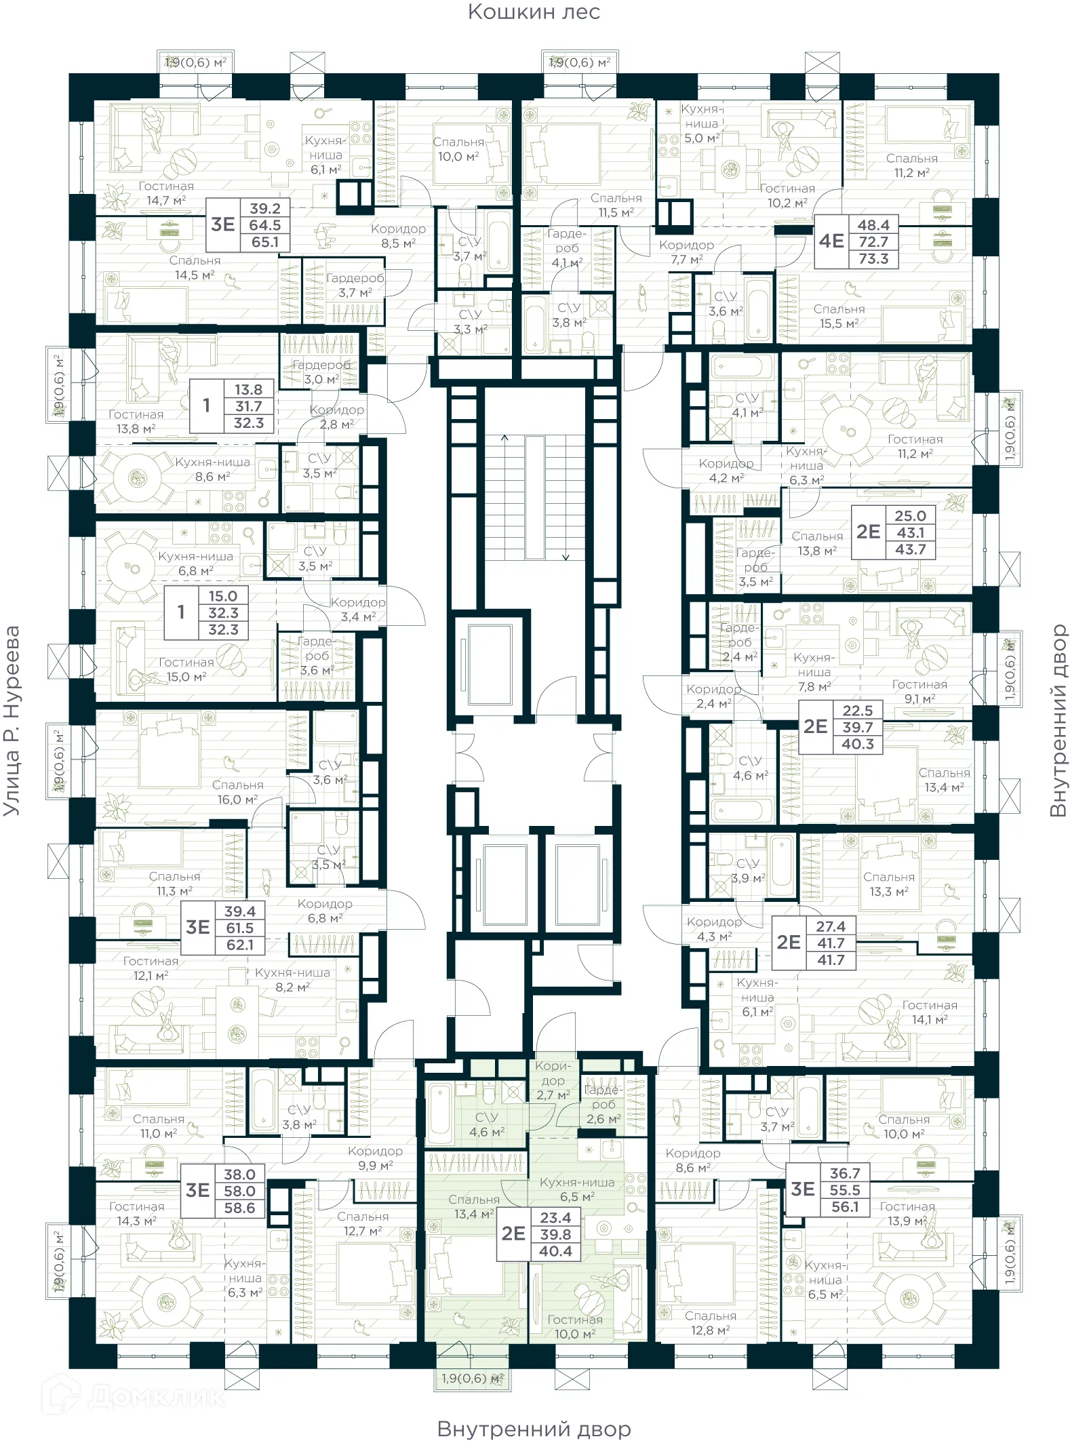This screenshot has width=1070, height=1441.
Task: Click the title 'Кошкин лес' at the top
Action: [x=534, y=12]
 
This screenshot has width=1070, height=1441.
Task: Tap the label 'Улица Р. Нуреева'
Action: [x=12, y=720]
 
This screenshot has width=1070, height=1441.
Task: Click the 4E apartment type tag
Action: [x=831, y=241]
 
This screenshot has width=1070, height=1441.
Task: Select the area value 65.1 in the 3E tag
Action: [x=264, y=242]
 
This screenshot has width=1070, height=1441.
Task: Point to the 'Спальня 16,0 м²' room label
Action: [x=237, y=792]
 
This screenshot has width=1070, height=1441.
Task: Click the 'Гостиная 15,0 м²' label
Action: [x=186, y=669]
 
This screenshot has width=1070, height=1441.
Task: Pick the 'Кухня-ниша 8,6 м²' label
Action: [x=212, y=469]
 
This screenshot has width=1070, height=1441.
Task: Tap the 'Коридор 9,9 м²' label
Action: [x=375, y=1158]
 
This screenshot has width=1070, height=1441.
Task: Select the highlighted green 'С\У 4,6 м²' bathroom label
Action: [x=486, y=1124]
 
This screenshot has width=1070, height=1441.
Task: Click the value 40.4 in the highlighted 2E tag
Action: [x=555, y=1251]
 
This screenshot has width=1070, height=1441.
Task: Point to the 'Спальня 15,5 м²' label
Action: [x=839, y=316]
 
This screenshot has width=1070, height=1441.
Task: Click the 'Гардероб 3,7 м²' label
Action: [x=355, y=285]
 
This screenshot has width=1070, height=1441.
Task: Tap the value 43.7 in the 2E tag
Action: [x=910, y=550]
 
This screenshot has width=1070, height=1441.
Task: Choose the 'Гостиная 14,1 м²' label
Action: [x=929, y=1012]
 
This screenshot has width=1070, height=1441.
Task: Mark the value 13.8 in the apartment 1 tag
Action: [x=248, y=390]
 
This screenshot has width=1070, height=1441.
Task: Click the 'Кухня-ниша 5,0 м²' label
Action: [x=701, y=123]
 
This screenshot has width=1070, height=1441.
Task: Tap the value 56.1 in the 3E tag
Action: [x=844, y=1207]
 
